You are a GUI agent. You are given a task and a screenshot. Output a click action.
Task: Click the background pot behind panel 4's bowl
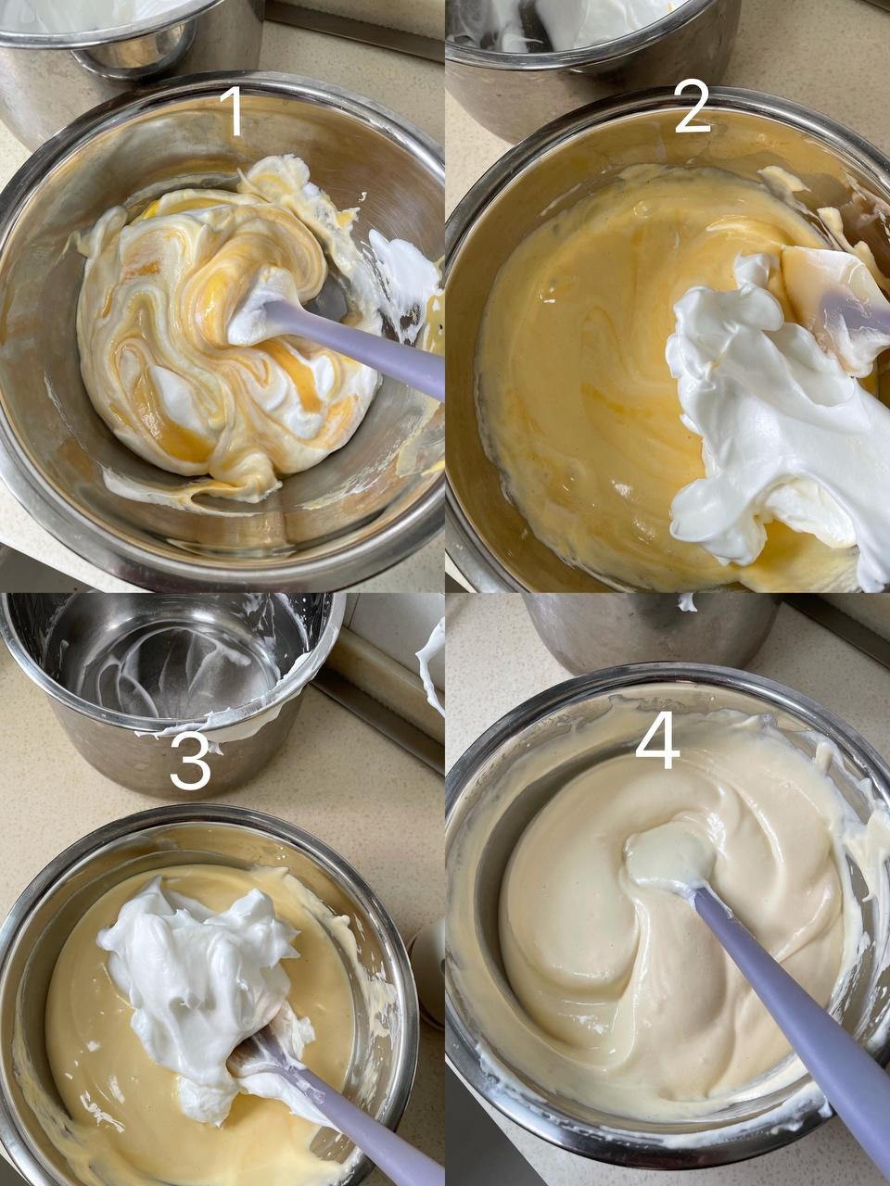click(648, 632)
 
